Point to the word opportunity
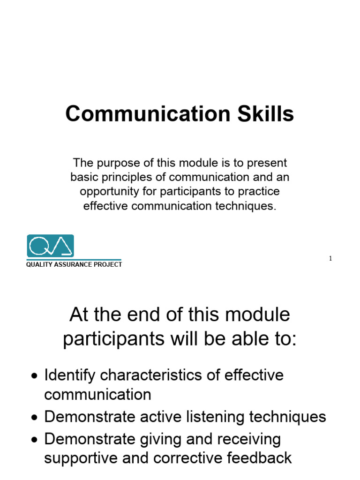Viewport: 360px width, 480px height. point(109,192)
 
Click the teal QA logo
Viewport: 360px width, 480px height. point(50,246)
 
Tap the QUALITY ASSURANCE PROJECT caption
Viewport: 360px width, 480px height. point(74,265)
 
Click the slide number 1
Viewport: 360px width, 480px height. point(330,258)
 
